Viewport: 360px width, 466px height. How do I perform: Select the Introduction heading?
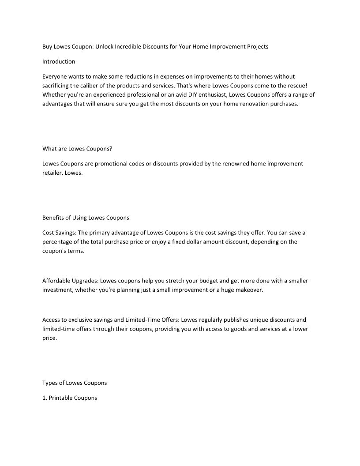(59, 61)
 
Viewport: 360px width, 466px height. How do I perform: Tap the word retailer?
(52, 173)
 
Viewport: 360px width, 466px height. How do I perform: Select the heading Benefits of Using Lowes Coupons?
(86, 218)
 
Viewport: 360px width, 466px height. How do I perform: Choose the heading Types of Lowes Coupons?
(74, 383)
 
